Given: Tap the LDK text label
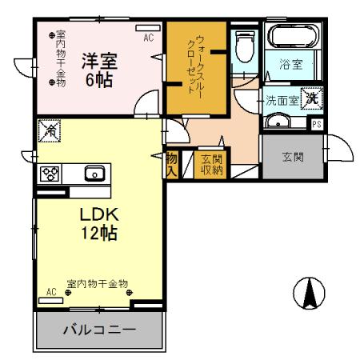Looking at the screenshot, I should (x=98, y=215).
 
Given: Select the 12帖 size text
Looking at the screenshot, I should (x=98, y=234).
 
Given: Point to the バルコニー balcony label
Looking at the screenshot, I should (x=98, y=329).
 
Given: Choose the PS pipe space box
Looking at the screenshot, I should (x=317, y=123).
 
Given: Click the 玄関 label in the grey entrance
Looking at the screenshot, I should (x=293, y=157).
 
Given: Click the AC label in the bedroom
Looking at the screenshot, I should (x=148, y=37).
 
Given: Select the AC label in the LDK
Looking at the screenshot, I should (x=50, y=293).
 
